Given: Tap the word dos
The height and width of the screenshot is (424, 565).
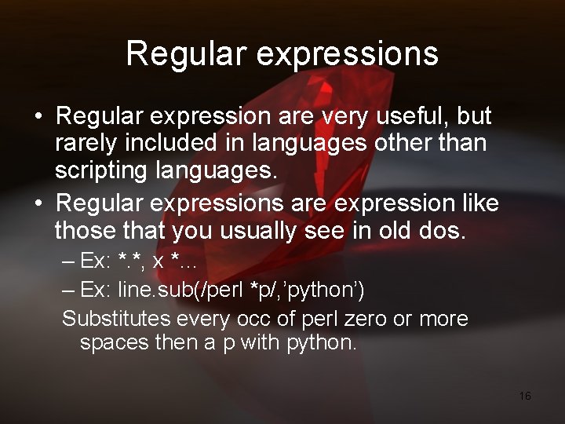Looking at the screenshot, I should pos(447,232).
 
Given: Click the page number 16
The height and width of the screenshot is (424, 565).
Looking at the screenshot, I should pos(525,396).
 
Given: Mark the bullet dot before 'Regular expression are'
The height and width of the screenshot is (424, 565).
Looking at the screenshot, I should pos(38,117).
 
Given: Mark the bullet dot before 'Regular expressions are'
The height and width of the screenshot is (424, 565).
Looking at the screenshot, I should pos(38,204).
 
